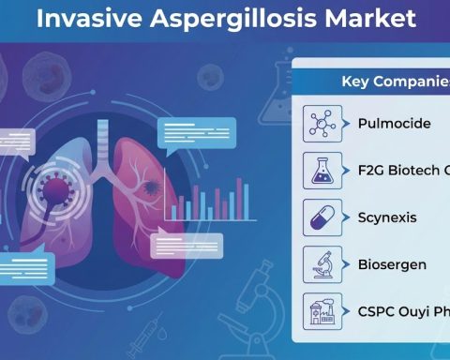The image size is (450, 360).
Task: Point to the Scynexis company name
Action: (386, 217)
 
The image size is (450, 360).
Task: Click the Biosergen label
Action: (392, 264)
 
